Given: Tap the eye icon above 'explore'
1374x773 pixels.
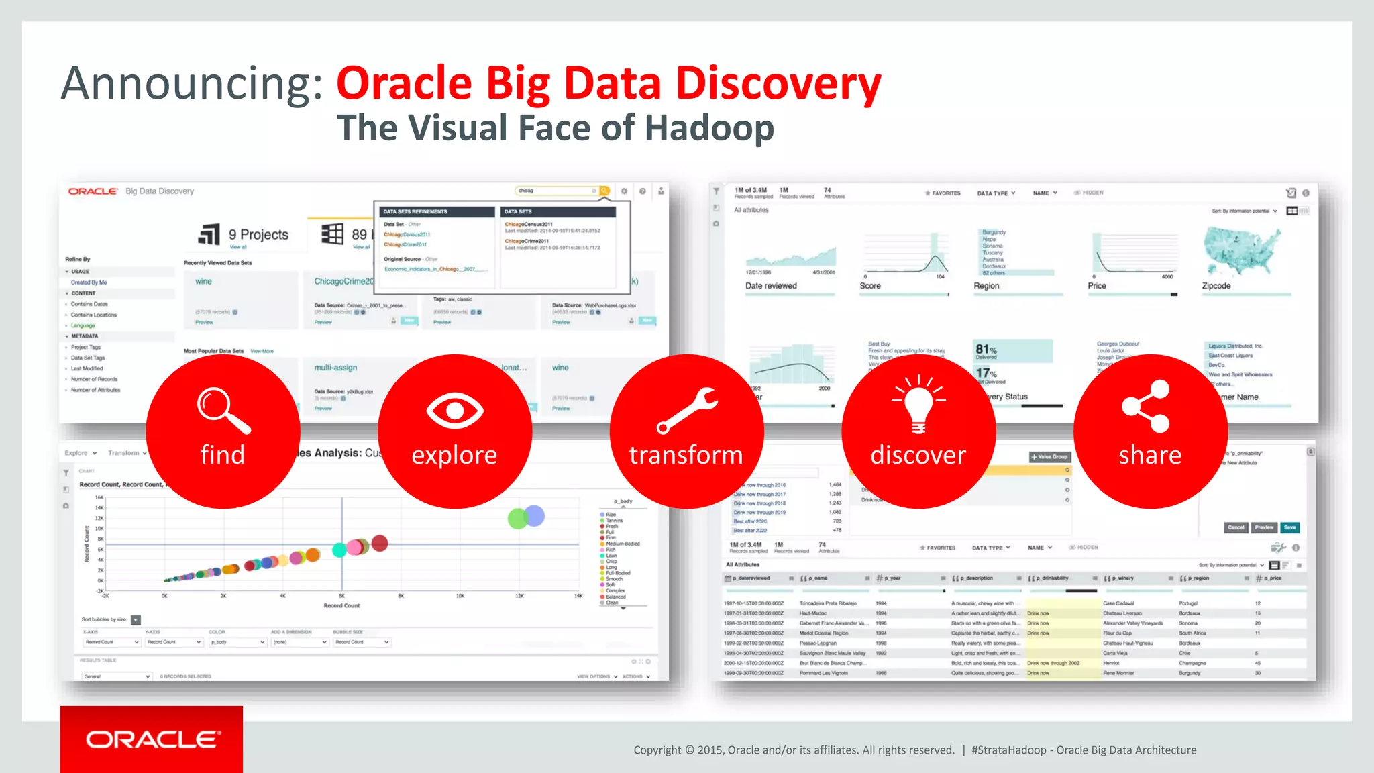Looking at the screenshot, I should (x=455, y=410).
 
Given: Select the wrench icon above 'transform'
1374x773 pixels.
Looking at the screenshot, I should (x=686, y=410).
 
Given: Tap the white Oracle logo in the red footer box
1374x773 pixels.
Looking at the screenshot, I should (x=152, y=739).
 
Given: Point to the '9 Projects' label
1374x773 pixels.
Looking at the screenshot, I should (x=258, y=235).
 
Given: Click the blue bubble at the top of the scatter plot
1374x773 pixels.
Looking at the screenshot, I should (x=534, y=515).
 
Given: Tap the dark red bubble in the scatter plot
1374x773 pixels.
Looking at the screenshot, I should (x=380, y=543).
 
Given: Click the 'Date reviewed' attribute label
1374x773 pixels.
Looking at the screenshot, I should (x=771, y=286).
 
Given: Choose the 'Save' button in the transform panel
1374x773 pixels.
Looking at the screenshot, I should (x=1289, y=527).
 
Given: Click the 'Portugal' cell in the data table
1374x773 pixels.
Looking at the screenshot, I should (x=1188, y=603).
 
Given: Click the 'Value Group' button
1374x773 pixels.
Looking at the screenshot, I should (x=1050, y=457).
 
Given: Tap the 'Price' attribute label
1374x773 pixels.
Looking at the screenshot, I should (x=1097, y=286).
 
